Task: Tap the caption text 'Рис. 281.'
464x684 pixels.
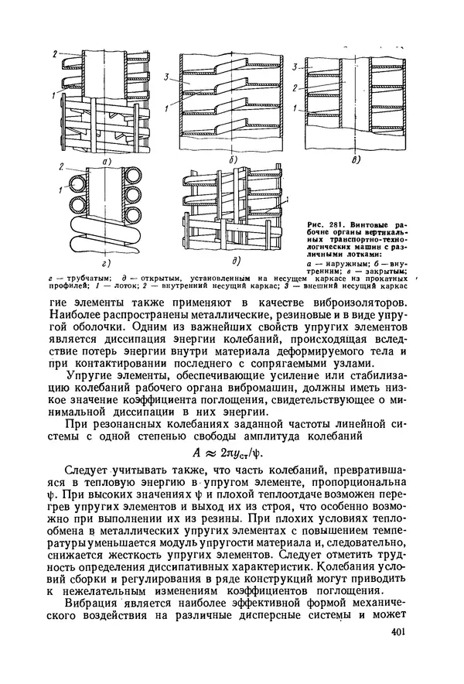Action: [312, 224]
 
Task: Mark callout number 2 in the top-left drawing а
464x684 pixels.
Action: [54, 53]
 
